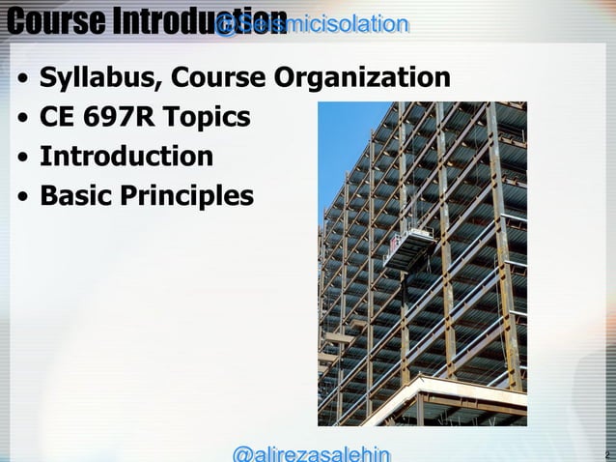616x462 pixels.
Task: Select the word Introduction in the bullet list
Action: pos(126,157)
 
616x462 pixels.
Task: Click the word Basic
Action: pos(77,196)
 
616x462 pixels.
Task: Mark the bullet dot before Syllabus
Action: pos(21,79)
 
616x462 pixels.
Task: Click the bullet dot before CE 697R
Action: pos(21,119)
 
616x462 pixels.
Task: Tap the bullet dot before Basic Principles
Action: pos(21,198)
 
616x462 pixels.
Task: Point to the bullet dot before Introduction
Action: pos(21,159)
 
